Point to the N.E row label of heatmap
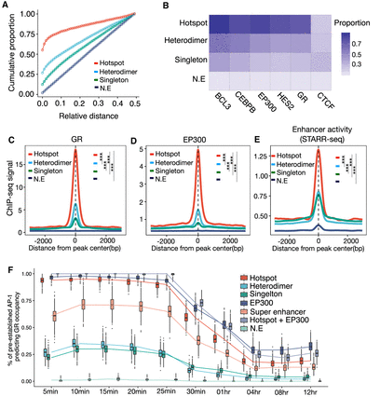(189, 82)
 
